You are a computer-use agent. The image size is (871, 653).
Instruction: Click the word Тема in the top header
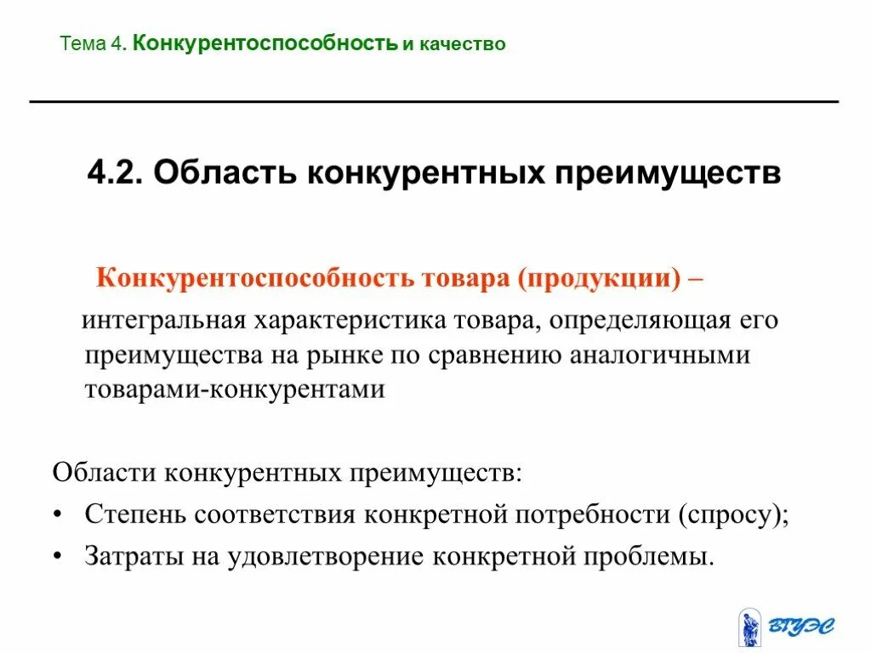(83, 43)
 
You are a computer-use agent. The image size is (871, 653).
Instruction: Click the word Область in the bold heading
(224, 174)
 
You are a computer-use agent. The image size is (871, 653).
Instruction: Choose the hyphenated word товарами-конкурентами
(235, 389)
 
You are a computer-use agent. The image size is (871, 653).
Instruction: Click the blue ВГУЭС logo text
(801, 627)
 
